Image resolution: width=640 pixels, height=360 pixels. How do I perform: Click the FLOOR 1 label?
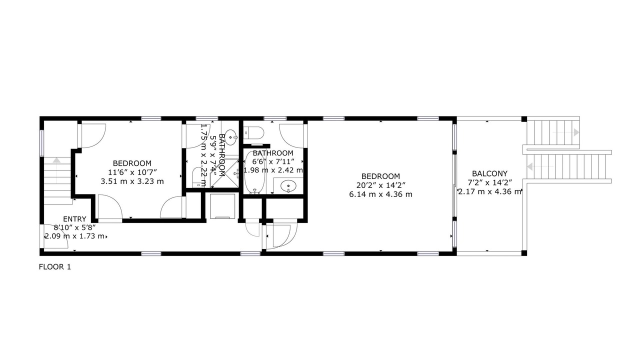(55, 267)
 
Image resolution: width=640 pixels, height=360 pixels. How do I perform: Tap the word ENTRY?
(74, 219)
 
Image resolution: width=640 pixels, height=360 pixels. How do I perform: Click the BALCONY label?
(489, 173)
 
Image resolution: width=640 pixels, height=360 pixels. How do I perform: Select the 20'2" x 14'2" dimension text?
(380, 185)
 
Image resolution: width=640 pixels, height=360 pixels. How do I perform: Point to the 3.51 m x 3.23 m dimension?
(132, 181)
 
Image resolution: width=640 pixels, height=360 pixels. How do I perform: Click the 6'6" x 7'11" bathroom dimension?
(273, 161)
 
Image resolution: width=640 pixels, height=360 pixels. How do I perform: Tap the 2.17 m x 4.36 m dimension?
(489, 191)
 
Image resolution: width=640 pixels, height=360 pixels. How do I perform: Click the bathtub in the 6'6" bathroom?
(255, 172)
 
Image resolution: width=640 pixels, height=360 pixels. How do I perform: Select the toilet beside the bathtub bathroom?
(254, 132)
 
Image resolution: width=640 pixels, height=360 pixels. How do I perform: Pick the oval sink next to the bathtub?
(288, 187)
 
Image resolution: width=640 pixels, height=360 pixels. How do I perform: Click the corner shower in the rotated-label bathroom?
(224, 173)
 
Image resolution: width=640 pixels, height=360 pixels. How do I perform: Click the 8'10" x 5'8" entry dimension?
(74, 227)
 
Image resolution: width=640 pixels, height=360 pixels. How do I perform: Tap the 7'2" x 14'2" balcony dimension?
(489, 182)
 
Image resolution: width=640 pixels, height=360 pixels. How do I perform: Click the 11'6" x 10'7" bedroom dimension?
(132, 172)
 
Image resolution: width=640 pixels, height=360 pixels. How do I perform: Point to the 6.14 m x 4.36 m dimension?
(380, 194)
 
